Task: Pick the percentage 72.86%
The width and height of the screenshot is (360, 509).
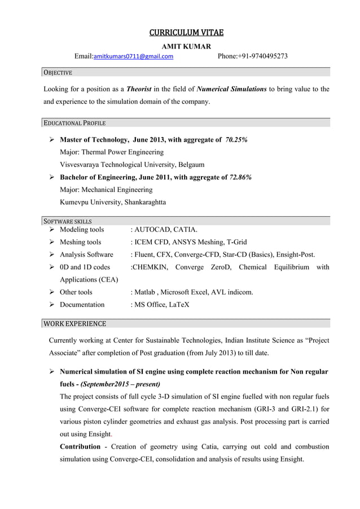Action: (x=240, y=177)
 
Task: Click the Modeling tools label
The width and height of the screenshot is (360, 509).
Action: (x=82, y=230)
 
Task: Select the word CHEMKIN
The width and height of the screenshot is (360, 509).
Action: (x=150, y=267)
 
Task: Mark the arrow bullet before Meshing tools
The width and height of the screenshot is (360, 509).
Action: (x=51, y=242)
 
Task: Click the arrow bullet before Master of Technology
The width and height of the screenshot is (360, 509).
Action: (x=51, y=139)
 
